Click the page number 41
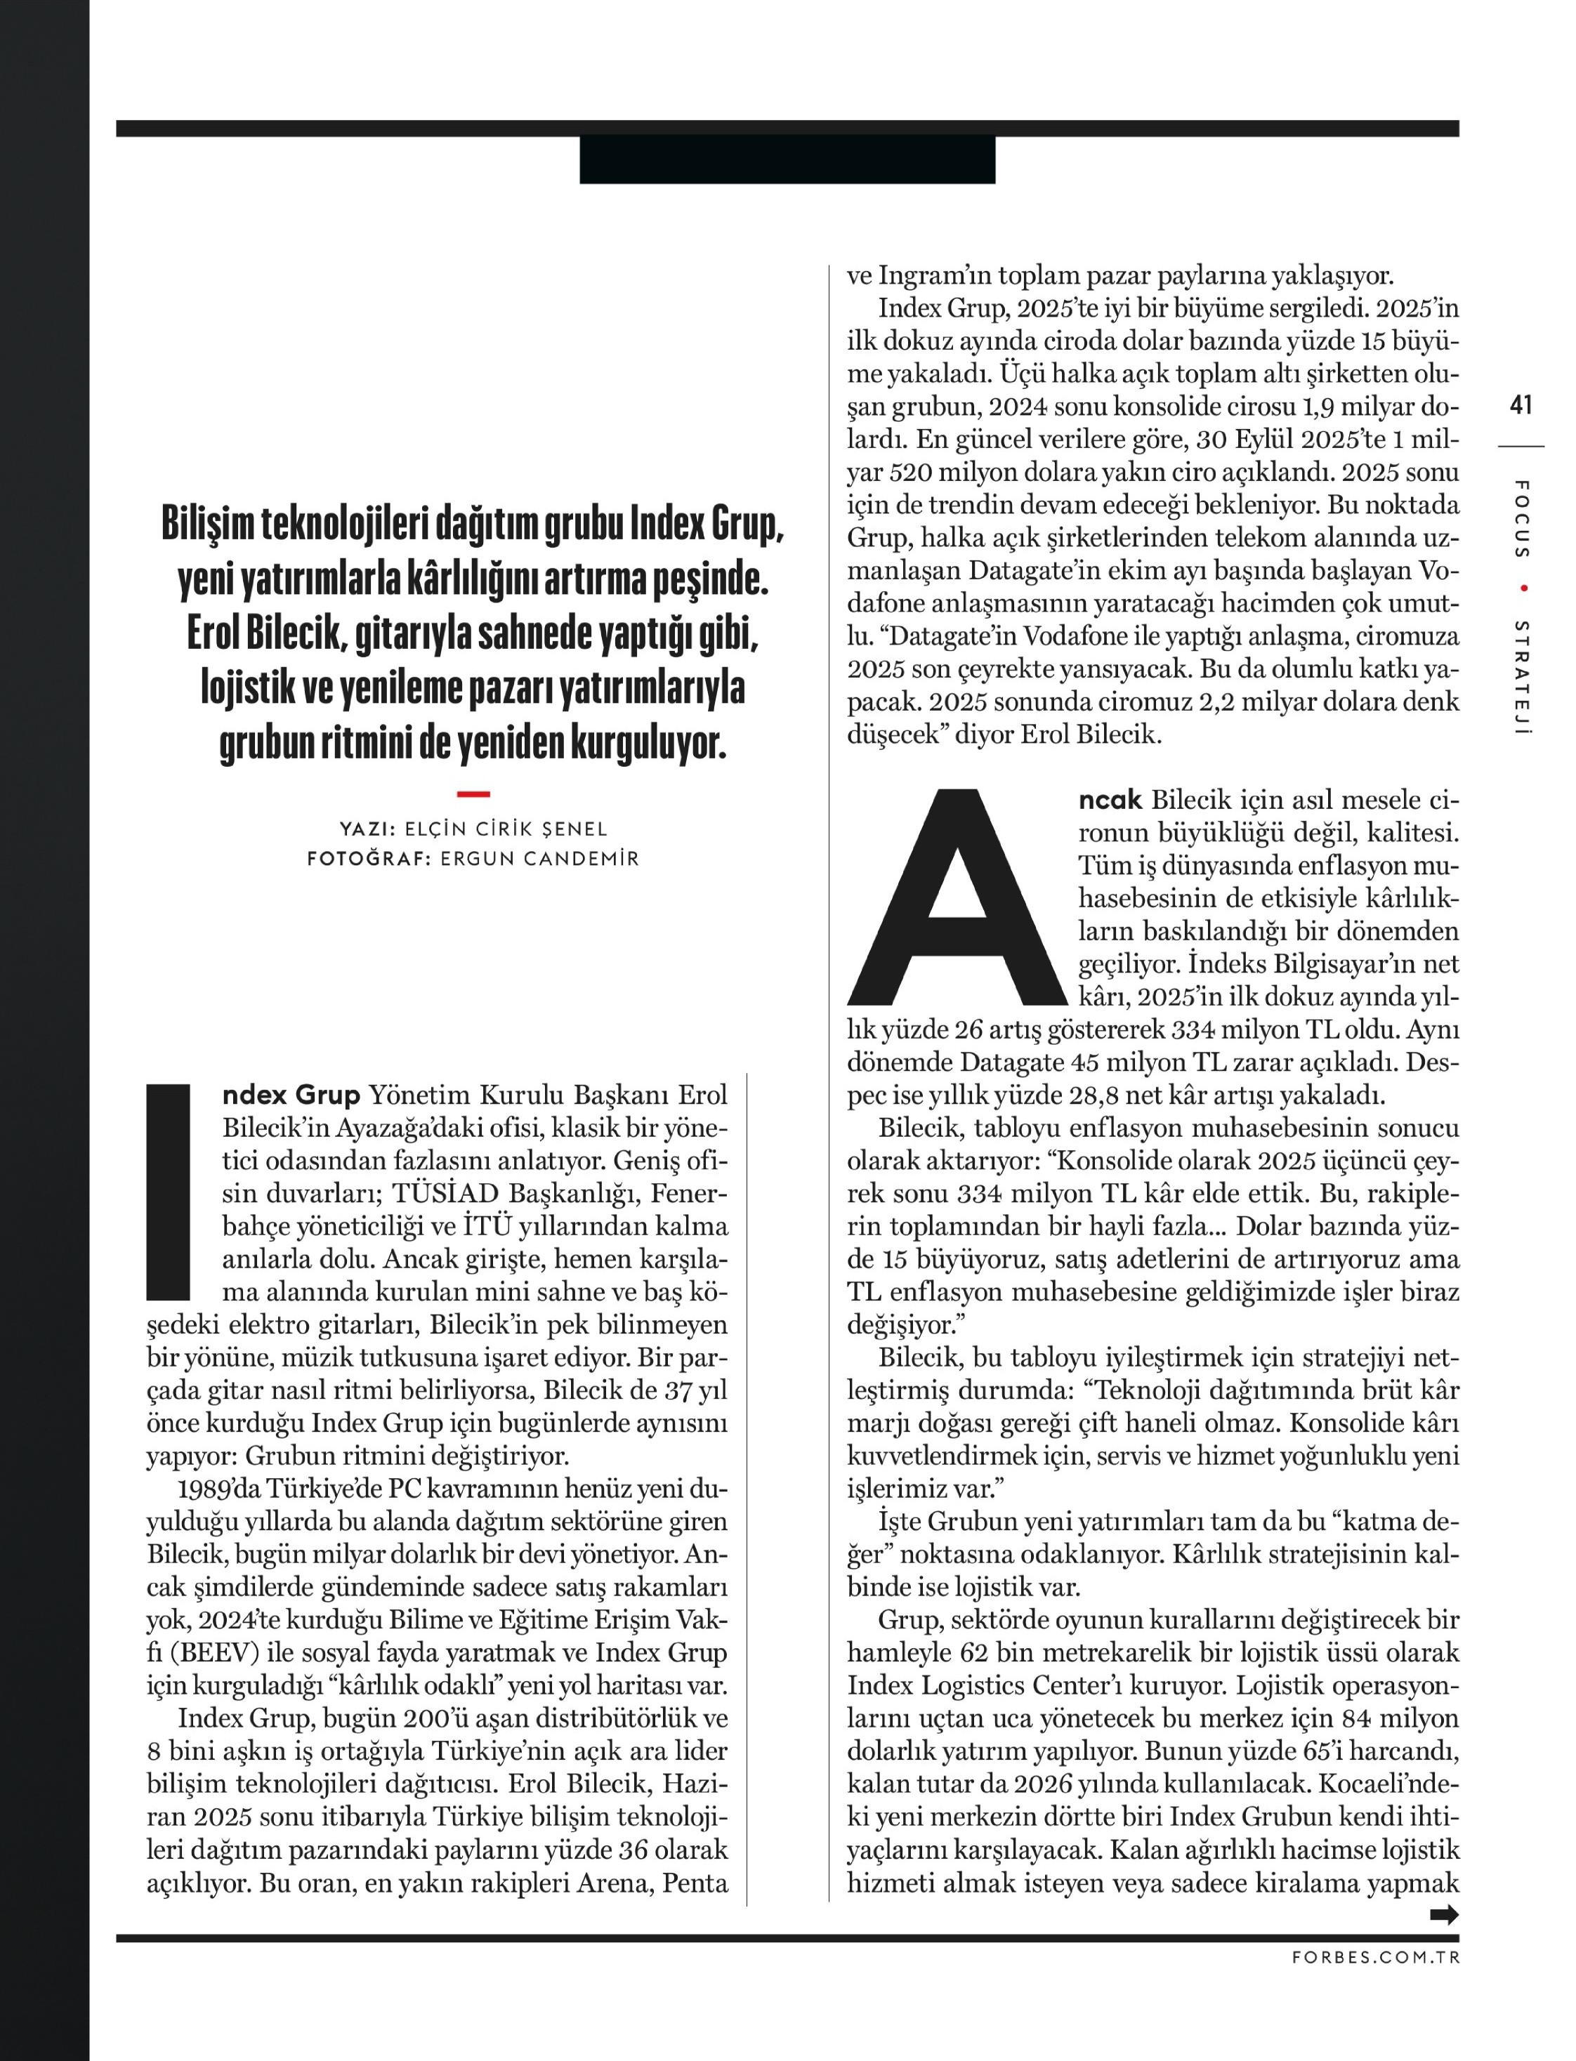[x=1521, y=405]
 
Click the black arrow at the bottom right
[x=1444, y=1915]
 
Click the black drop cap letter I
[x=169, y=1192]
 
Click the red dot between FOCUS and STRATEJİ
[x=1523, y=588]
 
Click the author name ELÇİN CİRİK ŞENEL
[x=506, y=829]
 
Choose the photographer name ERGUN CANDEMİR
[x=539, y=858]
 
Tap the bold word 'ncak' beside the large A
[x=1110, y=801]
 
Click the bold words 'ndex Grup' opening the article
[x=291, y=1095]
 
